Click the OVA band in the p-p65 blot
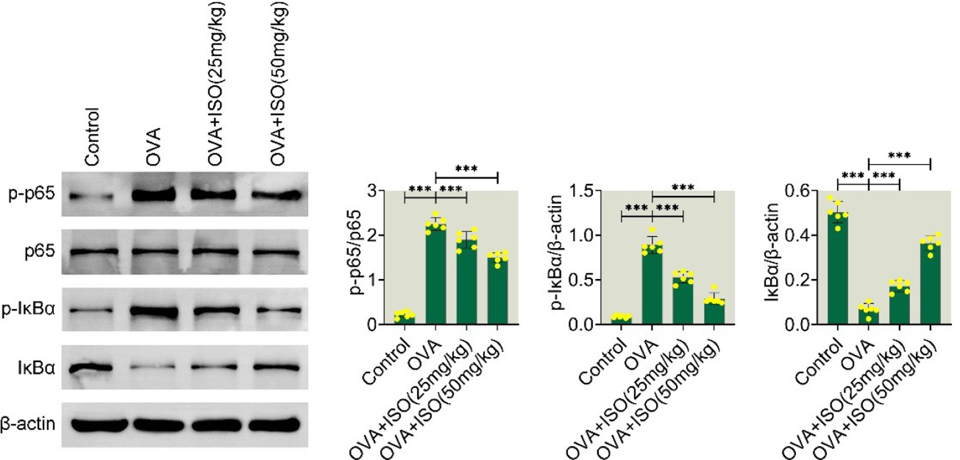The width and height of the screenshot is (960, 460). point(152,194)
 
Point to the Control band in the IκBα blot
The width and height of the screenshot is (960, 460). point(91,367)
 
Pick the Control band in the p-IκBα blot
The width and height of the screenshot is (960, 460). point(91,310)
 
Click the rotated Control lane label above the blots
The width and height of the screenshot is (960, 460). point(93,137)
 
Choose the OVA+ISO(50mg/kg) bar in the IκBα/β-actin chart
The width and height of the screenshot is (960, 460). point(930,283)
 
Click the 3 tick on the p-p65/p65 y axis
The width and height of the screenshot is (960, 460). point(381,190)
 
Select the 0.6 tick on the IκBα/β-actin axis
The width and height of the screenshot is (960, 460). point(810,190)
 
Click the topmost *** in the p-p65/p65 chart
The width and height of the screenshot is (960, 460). point(466,168)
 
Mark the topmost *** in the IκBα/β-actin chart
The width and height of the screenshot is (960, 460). point(899,155)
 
